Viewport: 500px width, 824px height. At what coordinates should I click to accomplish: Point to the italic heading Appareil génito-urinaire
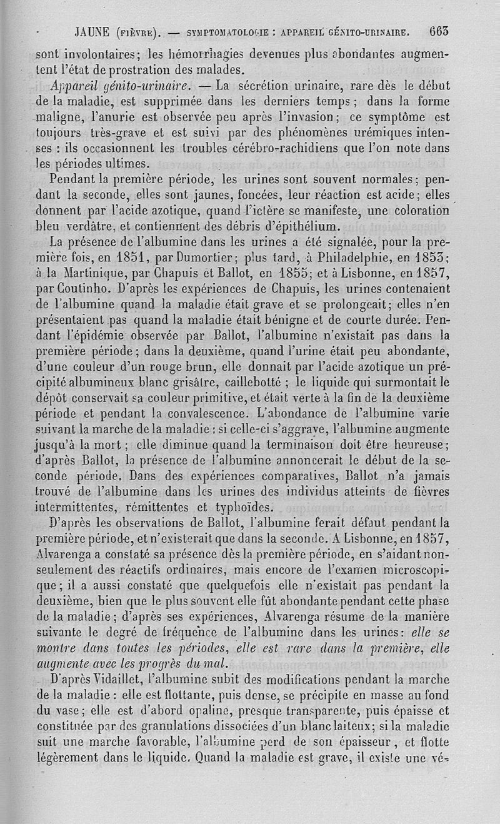[x=125, y=85]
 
